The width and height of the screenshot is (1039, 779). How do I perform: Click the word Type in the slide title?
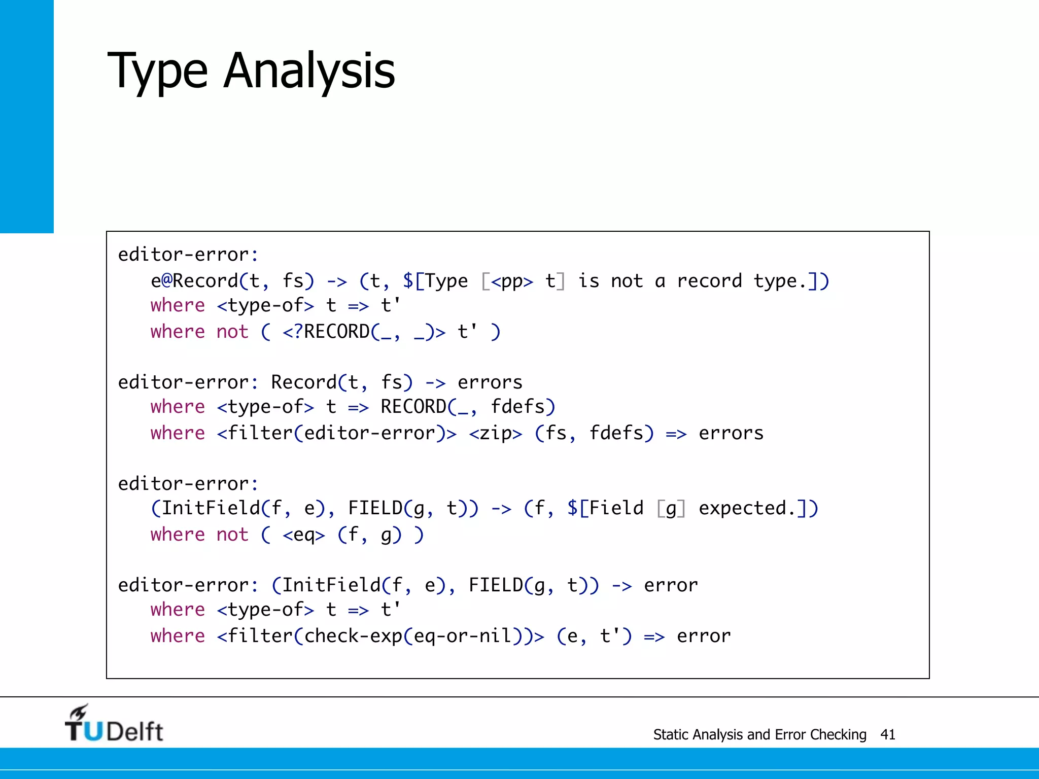(157, 71)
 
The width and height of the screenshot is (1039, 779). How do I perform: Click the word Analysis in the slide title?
(309, 71)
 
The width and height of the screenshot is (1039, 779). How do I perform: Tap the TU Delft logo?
(114, 724)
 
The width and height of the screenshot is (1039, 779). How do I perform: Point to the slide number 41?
(888, 734)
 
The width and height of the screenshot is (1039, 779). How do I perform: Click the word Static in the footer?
(671, 734)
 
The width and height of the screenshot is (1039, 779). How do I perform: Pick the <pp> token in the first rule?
(512, 281)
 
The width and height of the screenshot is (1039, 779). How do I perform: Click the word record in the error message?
(709, 281)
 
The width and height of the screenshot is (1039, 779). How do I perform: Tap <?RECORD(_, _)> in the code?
(364, 332)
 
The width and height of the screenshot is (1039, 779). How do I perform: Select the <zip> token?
(496, 433)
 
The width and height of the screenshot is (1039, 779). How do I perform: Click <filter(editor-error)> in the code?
(337, 433)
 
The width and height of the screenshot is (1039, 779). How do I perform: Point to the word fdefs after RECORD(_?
(523, 407)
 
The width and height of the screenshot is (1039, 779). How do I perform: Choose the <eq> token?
(304, 535)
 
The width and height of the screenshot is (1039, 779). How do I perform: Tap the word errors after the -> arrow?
(490, 382)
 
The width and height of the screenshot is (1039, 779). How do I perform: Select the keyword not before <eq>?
(232, 535)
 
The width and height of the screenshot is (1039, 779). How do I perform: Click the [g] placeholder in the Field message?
(671, 508)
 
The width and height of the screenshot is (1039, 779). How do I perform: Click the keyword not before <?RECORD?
(232, 332)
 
